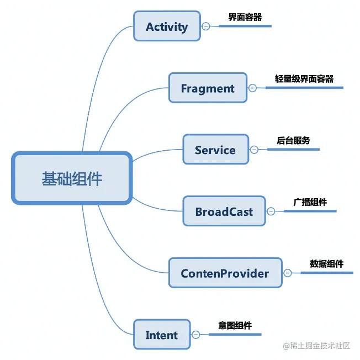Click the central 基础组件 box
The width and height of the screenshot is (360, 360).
point(72,178)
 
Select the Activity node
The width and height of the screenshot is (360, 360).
point(167,26)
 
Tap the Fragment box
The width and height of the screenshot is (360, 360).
point(208,88)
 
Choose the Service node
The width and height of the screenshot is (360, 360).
point(215,150)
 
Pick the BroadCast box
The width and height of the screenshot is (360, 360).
point(224,211)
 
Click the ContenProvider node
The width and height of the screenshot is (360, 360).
point(225,273)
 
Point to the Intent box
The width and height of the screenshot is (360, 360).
point(162,335)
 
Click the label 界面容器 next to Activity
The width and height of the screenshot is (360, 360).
point(245,17)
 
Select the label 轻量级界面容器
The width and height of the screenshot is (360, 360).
point(304,79)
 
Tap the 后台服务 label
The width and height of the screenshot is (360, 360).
point(293,140)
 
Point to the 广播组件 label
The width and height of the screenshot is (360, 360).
point(310,202)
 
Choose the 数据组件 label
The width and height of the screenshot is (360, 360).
point(327,264)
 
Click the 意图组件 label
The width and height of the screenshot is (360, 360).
point(235,326)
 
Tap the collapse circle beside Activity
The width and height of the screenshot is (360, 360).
point(206,26)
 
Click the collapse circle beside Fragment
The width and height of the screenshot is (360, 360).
point(252,88)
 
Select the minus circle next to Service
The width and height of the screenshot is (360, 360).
point(254,150)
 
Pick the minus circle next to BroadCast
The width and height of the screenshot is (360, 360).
point(271,211)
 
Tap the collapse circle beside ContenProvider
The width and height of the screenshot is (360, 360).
point(288,273)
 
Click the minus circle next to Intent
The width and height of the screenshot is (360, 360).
point(196,335)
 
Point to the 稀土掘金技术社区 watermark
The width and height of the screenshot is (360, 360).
point(316,346)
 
